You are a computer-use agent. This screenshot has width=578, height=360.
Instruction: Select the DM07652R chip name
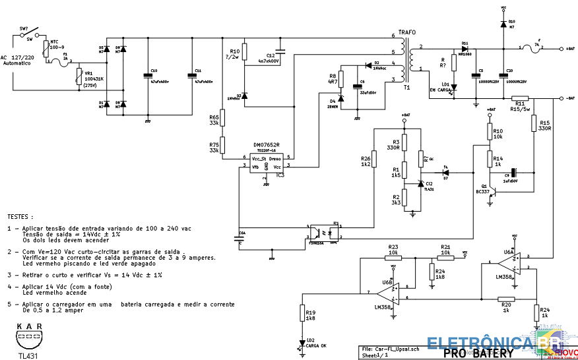pos(267,145)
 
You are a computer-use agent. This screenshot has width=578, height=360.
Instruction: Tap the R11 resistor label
pos(520,104)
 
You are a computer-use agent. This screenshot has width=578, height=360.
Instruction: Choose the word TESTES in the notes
pos(20,216)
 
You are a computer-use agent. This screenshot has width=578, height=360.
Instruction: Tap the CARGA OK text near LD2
pos(315,345)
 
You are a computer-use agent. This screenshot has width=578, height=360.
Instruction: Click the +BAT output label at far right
pos(571,49)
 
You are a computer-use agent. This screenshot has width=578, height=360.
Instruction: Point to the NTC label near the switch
pos(54,43)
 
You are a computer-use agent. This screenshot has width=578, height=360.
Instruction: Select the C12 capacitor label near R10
pos(271,55)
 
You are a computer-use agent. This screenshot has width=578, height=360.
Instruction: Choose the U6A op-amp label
pos(509,251)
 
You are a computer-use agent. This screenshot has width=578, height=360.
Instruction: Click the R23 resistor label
pos(393,247)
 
